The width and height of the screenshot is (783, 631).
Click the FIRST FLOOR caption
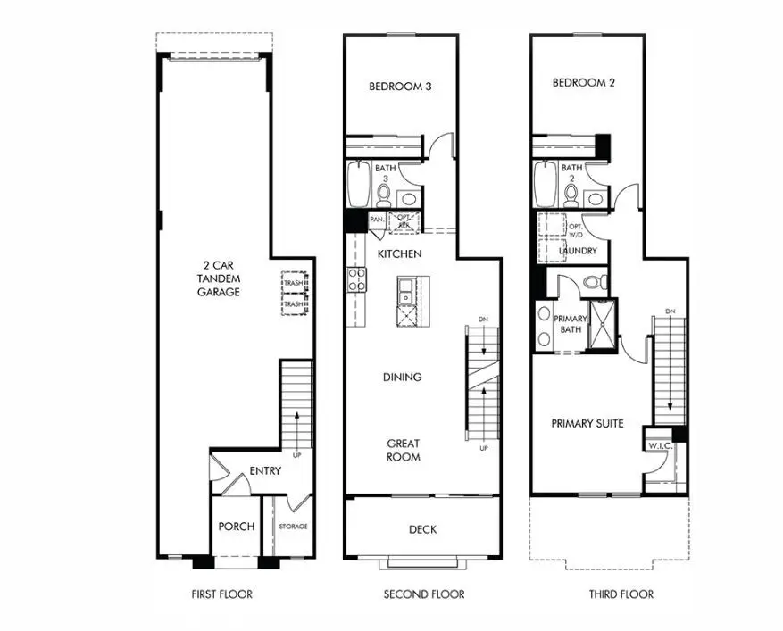(x=221, y=594)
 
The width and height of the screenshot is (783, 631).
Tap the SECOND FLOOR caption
(x=423, y=594)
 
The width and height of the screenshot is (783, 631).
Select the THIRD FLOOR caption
(x=621, y=594)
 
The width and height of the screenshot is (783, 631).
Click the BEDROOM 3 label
(x=401, y=87)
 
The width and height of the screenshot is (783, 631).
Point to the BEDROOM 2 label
(x=584, y=83)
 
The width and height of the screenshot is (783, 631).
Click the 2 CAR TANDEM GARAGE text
(x=219, y=278)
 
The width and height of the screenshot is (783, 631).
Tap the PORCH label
(x=237, y=527)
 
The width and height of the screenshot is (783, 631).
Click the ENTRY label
(x=265, y=471)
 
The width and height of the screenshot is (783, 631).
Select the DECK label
(x=422, y=529)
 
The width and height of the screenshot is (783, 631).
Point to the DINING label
(x=402, y=378)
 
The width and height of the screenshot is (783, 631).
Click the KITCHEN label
(x=399, y=255)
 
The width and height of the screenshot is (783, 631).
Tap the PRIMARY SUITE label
(x=587, y=423)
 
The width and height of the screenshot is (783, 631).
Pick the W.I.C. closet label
(x=660, y=445)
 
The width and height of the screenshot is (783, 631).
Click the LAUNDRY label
(x=578, y=251)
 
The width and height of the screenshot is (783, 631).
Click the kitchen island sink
(x=405, y=288)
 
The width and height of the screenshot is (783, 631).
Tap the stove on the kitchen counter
(x=355, y=279)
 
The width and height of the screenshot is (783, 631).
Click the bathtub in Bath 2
(x=543, y=184)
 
